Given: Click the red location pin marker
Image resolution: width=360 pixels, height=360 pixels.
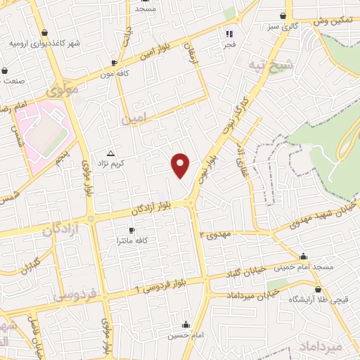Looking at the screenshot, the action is click(x=181, y=165).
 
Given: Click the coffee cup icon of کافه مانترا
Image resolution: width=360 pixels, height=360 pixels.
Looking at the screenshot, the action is click(x=131, y=230).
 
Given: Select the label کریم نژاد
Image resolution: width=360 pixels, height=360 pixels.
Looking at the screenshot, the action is click(x=110, y=163).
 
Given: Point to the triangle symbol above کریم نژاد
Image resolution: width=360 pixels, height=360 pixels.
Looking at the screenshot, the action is click(x=110, y=153).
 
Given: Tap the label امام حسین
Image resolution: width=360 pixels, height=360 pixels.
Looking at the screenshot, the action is click(x=186, y=335).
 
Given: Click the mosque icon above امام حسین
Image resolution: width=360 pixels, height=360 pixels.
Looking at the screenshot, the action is click(x=186, y=325).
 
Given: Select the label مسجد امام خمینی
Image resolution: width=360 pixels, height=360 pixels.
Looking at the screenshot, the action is click(x=303, y=267).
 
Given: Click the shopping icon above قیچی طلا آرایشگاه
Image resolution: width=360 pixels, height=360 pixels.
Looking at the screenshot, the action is click(x=319, y=289).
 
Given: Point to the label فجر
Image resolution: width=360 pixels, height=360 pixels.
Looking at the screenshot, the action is click(x=229, y=44).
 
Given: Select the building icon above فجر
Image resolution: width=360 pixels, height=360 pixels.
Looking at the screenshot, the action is click(x=229, y=33).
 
